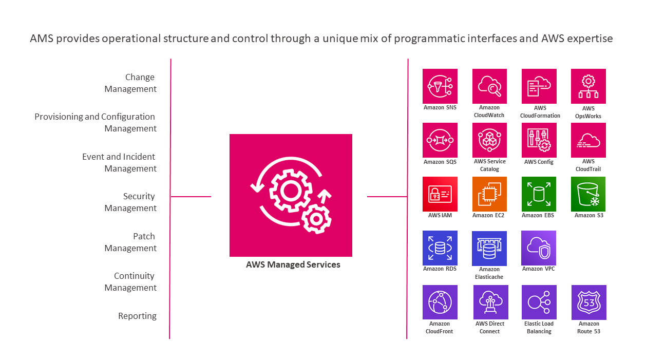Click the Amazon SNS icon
click(x=440, y=86)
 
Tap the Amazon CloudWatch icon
click(x=489, y=86)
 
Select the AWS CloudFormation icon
click(x=539, y=86)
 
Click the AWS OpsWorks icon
click(x=588, y=86)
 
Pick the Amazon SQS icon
click(x=440, y=140)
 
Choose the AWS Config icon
click(x=539, y=140)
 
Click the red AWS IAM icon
click(x=440, y=194)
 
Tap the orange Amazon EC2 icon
click(x=489, y=194)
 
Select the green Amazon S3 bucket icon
click(x=588, y=194)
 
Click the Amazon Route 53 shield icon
click(x=589, y=302)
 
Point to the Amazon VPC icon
click(x=539, y=248)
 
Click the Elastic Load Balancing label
click(x=539, y=328)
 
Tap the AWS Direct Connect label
click(x=490, y=328)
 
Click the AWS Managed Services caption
click(x=293, y=264)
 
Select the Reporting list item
click(x=137, y=316)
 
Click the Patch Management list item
click(x=130, y=242)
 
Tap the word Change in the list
click(x=140, y=78)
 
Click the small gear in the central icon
click(x=316, y=219)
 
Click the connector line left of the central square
click(x=191, y=197)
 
